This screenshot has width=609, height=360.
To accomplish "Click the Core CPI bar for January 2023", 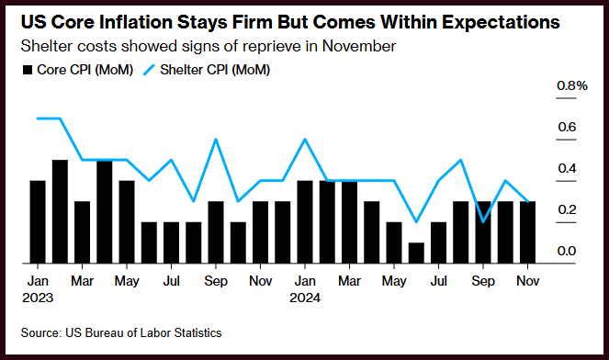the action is click(38, 221).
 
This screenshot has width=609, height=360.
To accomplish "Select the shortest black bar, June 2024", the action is click(416, 253).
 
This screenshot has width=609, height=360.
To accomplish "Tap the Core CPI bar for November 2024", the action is click(527, 232).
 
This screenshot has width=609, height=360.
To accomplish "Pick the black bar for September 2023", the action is click(216, 232).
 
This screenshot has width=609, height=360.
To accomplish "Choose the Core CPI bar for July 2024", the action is click(438, 242).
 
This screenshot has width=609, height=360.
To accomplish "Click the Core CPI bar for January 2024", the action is click(305, 221).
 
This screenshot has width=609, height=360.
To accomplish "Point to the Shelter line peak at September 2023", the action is click(216, 139).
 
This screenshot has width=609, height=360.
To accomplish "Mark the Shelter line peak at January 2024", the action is click(305, 139).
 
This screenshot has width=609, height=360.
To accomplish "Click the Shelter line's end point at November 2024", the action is click(527, 201).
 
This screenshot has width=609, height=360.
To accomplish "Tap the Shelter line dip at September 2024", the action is click(483, 222).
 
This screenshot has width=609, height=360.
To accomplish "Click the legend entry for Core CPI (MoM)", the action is click(78, 70).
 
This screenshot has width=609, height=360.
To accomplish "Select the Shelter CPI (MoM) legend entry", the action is click(207, 70).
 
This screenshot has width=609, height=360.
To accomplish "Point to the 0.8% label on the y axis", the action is click(571, 85).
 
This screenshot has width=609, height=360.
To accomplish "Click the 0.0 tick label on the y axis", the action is click(567, 251).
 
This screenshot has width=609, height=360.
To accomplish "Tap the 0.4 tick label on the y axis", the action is click(567, 168).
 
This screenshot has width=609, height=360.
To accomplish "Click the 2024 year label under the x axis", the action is click(305, 298).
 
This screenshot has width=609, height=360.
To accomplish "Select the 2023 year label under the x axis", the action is click(38, 298).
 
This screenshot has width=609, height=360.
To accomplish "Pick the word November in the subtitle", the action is click(359, 46).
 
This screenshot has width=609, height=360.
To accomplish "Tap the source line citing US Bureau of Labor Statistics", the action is click(121, 332).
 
